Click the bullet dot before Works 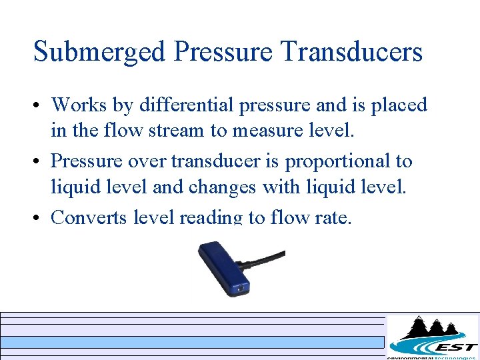point(39,106)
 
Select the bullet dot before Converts point(39,218)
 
